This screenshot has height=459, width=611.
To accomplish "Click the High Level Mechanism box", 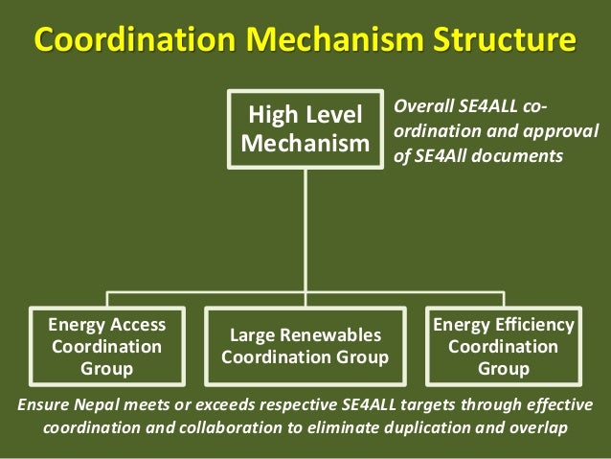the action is [305, 129].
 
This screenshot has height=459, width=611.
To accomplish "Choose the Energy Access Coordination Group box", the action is [107, 346].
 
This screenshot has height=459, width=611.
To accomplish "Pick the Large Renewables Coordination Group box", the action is [305, 346].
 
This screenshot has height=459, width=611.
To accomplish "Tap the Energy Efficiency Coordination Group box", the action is [504, 346].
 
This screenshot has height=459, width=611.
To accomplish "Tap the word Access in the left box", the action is [135, 325].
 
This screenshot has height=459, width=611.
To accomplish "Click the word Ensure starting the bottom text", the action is [43, 404].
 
